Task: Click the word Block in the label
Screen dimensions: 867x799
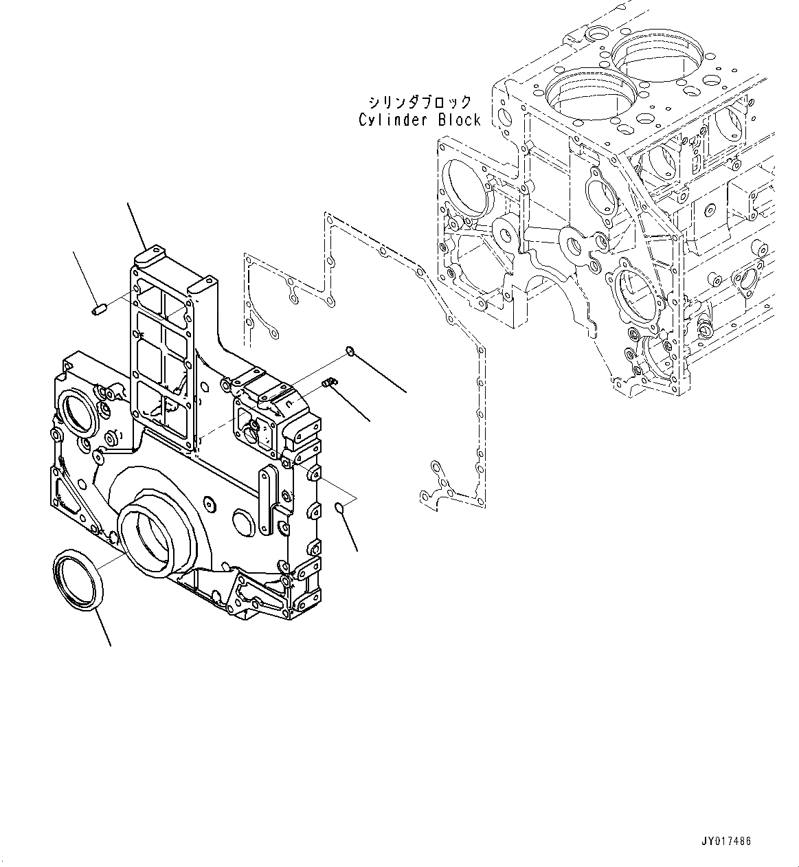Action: (459, 120)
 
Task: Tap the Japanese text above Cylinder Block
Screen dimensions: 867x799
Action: (420, 102)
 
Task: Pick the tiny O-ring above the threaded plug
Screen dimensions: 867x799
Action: (349, 352)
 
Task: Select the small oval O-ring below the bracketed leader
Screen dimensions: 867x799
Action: (339, 508)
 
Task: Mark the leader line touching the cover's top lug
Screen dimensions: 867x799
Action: (136, 227)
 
